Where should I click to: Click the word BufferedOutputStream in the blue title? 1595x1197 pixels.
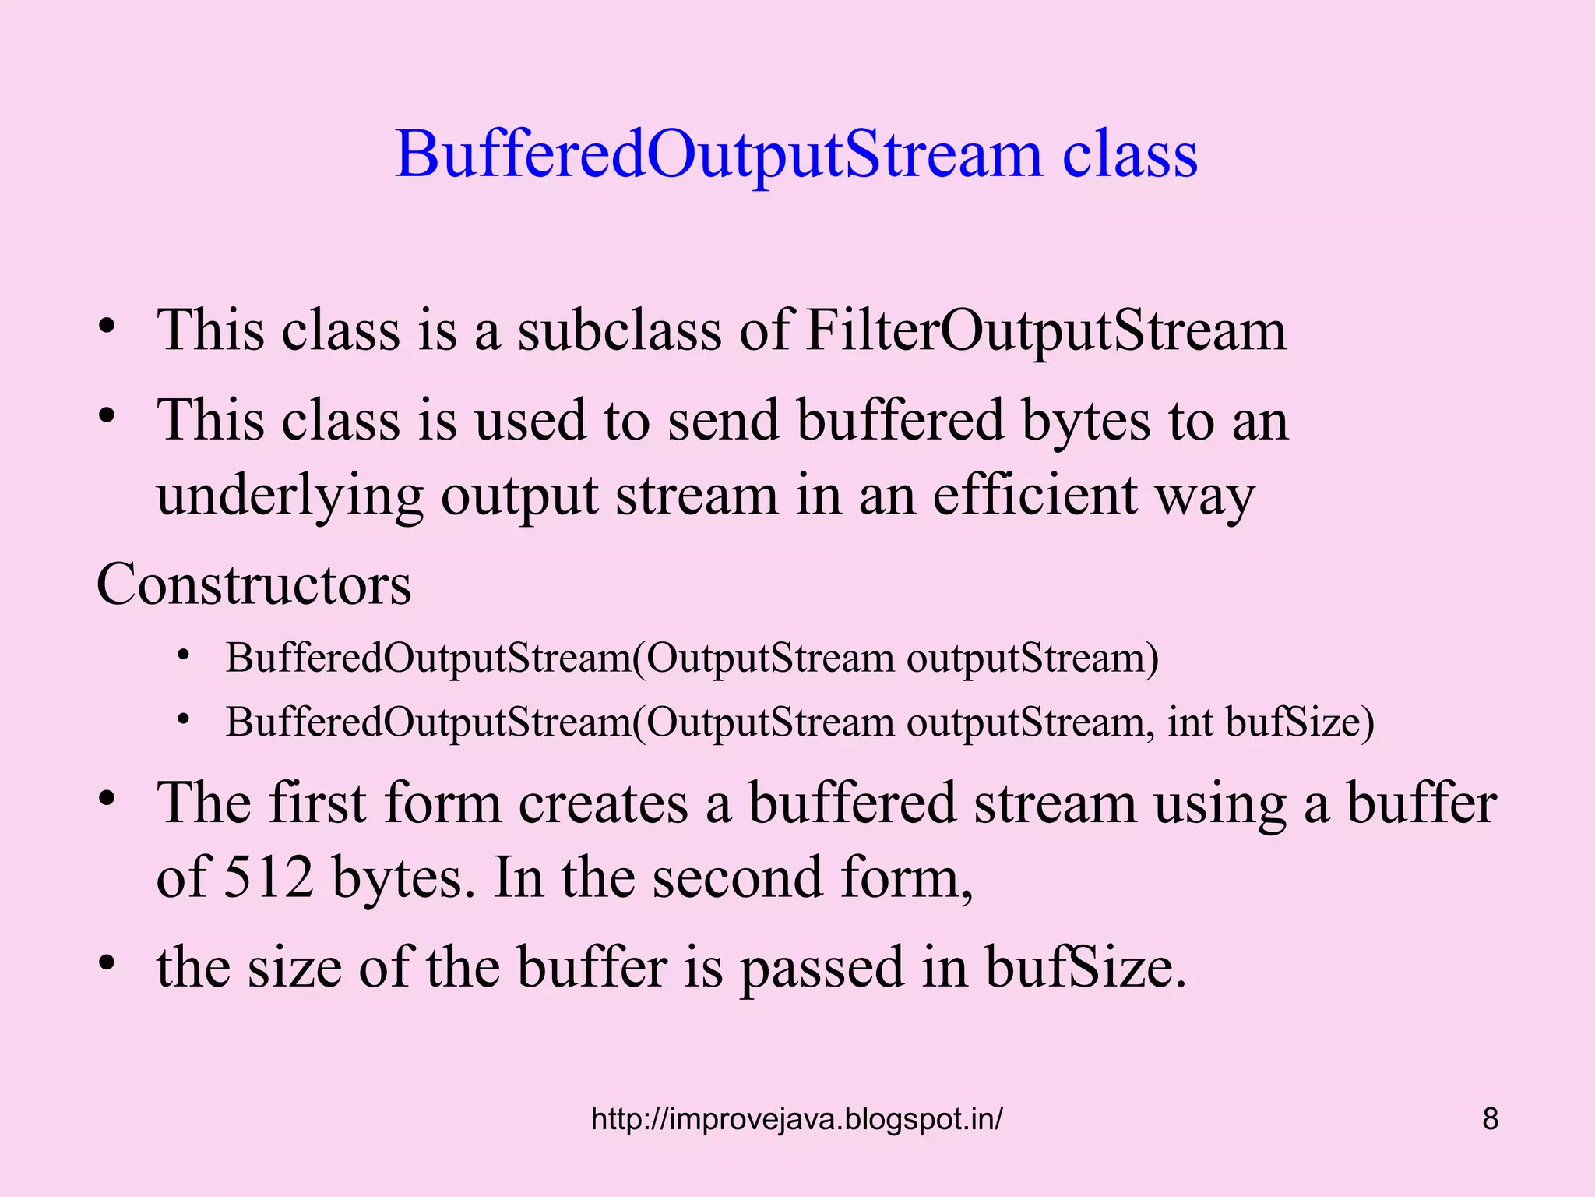point(718,154)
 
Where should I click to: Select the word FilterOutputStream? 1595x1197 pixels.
point(1046,330)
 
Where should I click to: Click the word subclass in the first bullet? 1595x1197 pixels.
point(619,330)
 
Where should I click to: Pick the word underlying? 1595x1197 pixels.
point(290,496)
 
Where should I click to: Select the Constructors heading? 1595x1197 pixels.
point(254,584)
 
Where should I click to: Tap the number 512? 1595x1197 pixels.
point(269,877)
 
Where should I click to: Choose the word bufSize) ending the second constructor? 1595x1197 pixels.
point(1300,722)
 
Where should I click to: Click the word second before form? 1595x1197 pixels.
point(738,877)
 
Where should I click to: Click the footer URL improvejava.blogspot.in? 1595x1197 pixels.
point(797,1119)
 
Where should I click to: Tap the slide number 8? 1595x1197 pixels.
point(1490,1119)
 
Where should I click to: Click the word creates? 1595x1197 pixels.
point(604,803)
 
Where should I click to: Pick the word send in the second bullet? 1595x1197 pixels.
point(724,421)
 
